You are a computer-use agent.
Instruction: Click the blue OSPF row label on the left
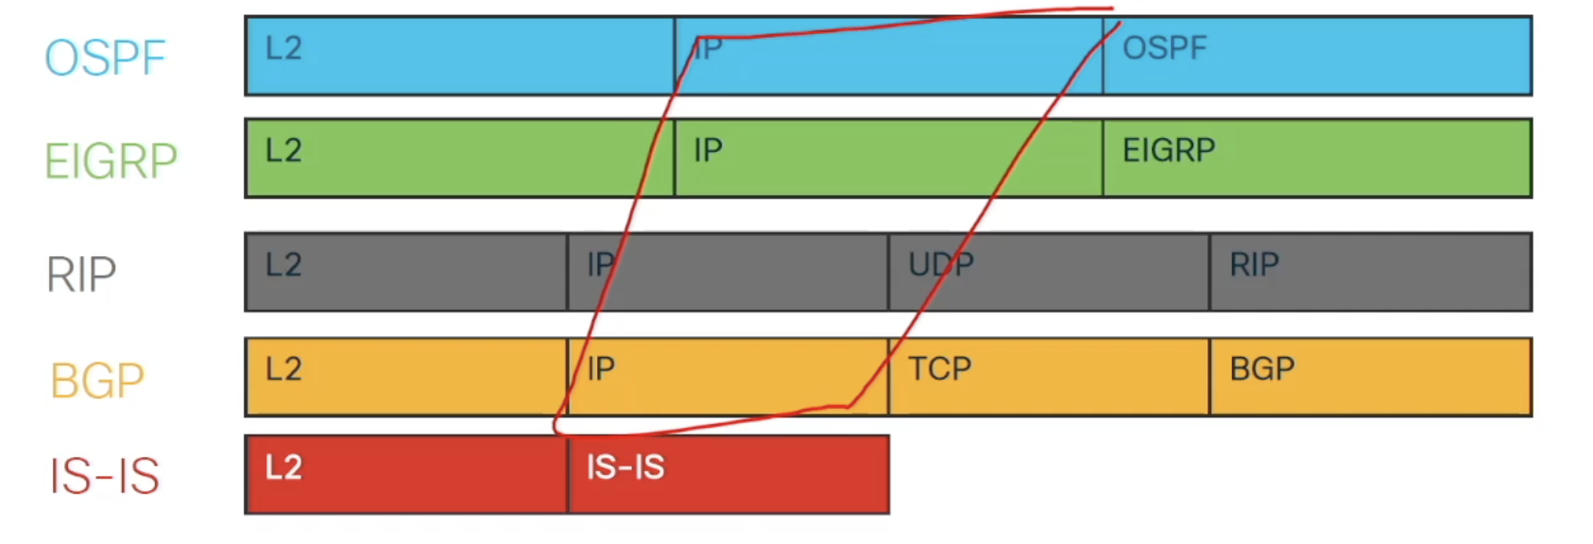105,58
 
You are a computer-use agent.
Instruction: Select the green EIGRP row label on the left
111,161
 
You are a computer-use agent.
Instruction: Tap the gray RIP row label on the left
81,275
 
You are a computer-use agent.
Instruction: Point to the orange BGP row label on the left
97,381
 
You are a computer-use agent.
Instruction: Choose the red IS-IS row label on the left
104,475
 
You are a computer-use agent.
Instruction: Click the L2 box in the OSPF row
459,56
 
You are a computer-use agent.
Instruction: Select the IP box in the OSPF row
888,56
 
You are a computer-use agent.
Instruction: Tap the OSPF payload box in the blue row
1316,56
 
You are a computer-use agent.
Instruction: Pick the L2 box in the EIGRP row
459,158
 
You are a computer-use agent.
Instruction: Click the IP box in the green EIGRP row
888,158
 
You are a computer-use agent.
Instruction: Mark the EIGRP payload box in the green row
1316,158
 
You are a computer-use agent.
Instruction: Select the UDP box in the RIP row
1049,272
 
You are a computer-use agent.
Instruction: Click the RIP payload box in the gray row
1370,272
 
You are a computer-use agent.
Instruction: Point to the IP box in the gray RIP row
728,272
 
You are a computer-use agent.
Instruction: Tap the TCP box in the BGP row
1049,377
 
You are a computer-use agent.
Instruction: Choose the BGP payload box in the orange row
1370,377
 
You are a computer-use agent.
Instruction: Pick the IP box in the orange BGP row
728,377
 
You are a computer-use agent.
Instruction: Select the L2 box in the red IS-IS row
406,474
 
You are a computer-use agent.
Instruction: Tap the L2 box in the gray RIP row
406,272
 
